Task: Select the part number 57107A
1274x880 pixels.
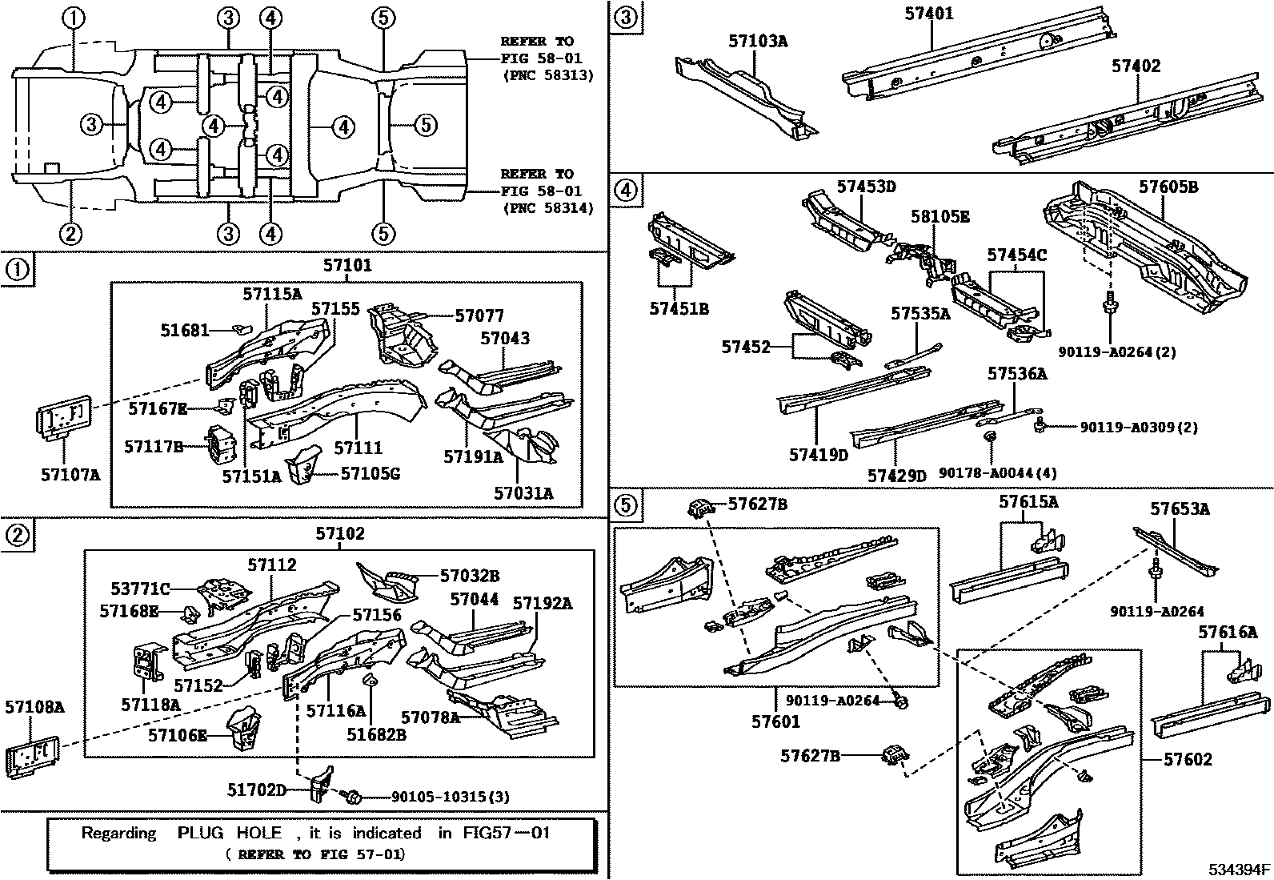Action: pos(70,474)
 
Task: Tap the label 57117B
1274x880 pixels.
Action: pos(154,446)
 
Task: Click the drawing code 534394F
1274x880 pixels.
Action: pos(1239,870)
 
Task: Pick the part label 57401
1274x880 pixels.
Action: pos(929,14)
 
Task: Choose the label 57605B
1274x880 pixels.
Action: pos(1168,187)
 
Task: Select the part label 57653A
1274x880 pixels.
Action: pos(1180,508)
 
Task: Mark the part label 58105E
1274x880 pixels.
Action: pos(939,216)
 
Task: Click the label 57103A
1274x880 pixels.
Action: pos(757,41)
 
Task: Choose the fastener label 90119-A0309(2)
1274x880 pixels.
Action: pos(1139,428)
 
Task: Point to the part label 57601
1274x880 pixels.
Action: pos(775,721)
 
